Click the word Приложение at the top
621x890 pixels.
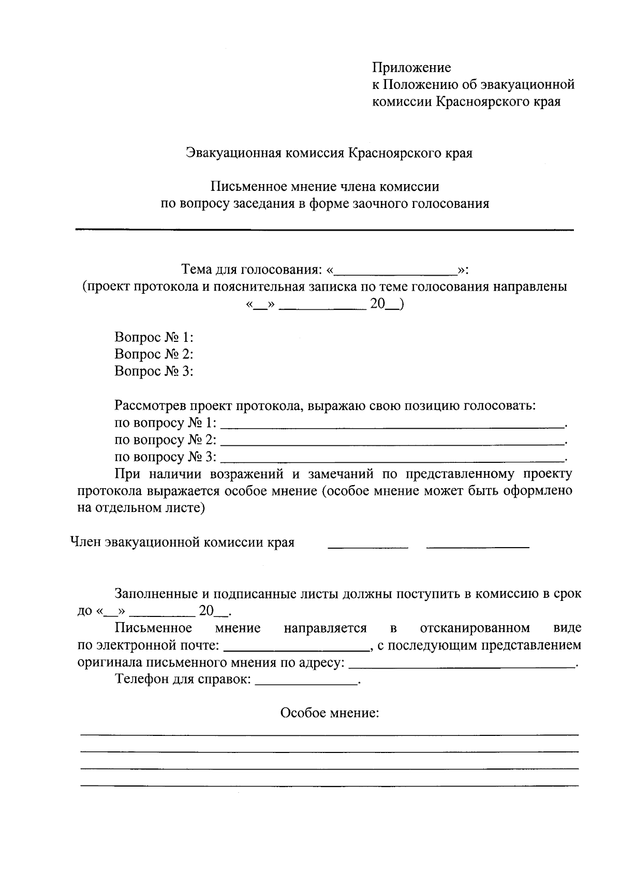(411, 68)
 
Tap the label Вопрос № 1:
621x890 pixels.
(154, 338)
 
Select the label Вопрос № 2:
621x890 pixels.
(154, 355)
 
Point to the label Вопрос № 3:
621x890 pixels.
(154, 372)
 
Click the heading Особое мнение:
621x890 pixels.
(330, 714)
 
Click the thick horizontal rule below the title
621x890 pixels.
(324, 229)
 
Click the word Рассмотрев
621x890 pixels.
(151, 406)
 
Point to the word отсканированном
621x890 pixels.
(475, 628)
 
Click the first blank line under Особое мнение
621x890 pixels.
(329, 735)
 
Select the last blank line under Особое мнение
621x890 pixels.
(329, 786)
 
